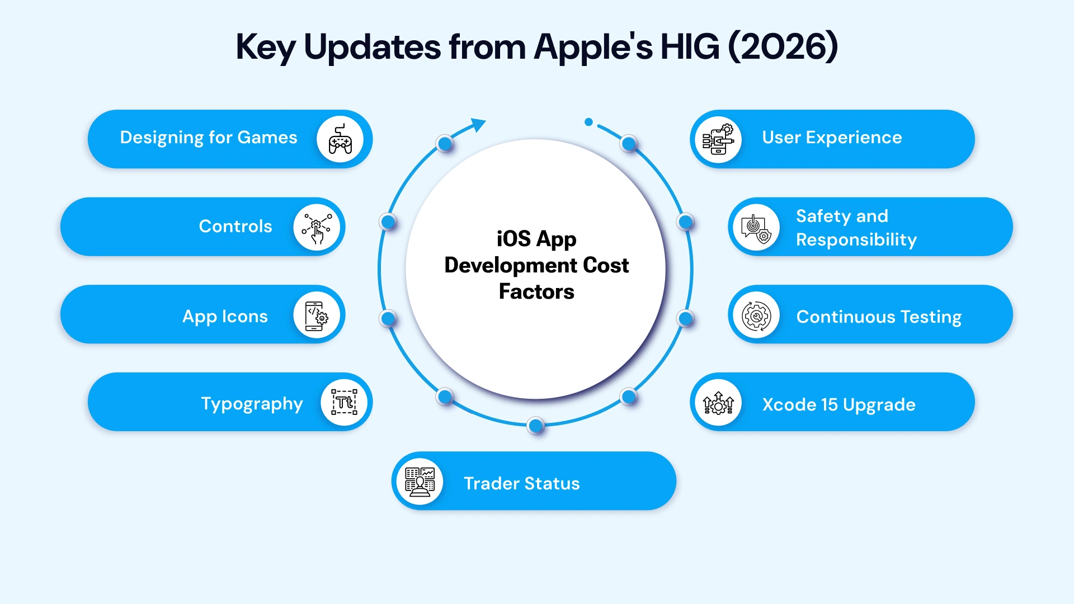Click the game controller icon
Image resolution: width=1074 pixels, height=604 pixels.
tap(340, 139)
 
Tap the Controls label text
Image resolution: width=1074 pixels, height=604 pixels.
tap(235, 226)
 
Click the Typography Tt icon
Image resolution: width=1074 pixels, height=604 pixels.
tap(344, 402)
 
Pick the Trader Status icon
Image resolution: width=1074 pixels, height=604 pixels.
tap(420, 482)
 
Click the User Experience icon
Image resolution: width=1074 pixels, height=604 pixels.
tap(718, 139)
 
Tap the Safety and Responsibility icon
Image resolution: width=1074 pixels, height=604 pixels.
tap(756, 228)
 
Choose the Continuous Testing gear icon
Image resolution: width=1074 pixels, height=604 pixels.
tap(756, 316)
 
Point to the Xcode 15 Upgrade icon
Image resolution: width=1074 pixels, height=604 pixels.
tap(718, 403)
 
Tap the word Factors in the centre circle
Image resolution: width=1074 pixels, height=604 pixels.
tap(536, 292)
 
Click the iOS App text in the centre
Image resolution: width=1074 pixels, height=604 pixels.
tap(536, 239)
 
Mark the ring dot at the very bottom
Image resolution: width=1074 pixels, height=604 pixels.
tap(536, 426)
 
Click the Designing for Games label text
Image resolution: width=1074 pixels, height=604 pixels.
tap(209, 138)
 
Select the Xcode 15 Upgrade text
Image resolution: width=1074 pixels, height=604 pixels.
tap(839, 404)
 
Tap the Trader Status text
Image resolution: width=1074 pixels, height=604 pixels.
tap(521, 483)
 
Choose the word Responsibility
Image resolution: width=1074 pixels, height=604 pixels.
tap(856, 240)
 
